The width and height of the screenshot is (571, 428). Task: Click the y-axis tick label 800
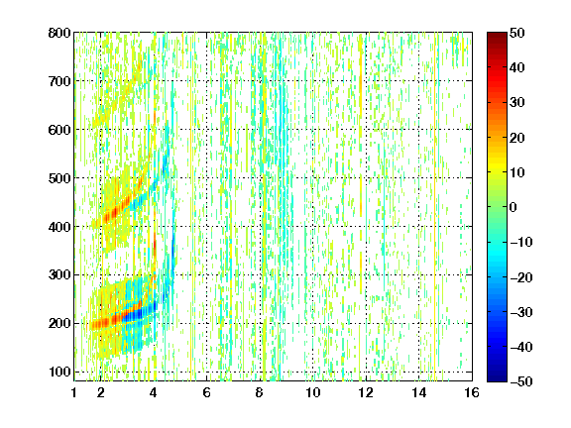59,33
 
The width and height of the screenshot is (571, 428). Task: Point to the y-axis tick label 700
59,81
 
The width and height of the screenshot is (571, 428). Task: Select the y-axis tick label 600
59,130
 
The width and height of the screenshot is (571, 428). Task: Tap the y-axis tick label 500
59,178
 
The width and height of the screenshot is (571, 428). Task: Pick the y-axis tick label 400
59,227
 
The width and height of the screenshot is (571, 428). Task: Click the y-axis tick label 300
59,274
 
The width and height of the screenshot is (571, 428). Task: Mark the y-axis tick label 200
59,323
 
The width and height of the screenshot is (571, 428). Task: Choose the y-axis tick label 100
59,372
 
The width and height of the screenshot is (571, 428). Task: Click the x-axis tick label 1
74,392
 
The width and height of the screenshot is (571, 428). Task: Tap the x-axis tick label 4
154,392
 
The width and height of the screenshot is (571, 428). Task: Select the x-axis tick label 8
260,392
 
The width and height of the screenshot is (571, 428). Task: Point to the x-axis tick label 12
366,392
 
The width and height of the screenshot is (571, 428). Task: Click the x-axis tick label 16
472,392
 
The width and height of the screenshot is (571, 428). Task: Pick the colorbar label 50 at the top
517,33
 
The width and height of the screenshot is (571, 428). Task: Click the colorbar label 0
514,207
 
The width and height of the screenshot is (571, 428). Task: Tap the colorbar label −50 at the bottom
521,381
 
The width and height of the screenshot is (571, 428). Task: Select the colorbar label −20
521,277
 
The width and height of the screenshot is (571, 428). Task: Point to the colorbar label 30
517,103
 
